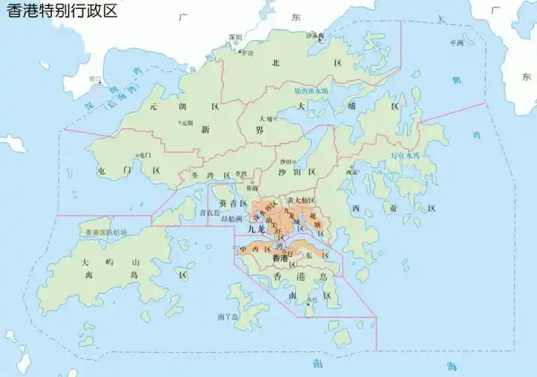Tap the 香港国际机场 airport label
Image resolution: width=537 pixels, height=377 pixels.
click(x=106, y=231)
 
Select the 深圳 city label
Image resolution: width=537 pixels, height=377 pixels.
click(x=236, y=37)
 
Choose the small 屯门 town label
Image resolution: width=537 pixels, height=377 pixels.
click(x=145, y=155)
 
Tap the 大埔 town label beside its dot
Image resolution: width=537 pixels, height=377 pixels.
click(x=265, y=118)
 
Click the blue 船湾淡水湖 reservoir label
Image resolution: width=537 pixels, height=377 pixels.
click(x=311, y=90)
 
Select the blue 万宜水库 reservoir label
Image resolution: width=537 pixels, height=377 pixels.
click(x=406, y=155)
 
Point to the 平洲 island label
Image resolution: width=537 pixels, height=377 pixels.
click(x=456, y=43)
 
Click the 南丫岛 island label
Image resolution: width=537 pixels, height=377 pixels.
click(x=226, y=317)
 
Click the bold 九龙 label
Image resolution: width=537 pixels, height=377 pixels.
click(x=257, y=228)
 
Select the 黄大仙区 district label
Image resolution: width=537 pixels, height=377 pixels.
click(x=301, y=200)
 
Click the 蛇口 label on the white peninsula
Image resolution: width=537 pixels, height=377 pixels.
click(x=94, y=78)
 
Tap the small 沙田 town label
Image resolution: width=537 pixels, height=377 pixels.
click(x=286, y=161)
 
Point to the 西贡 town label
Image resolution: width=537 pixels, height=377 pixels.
click(x=352, y=172)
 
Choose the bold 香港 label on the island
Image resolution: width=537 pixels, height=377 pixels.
click(x=279, y=258)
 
